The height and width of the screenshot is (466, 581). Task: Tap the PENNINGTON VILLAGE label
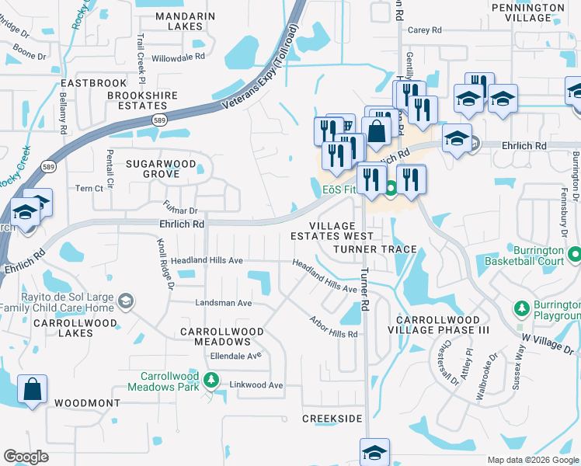(538, 12)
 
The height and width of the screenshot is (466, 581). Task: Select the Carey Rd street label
(424, 30)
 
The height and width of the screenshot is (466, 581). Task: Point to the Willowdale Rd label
(179, 57)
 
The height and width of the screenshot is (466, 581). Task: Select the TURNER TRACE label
(374, 249)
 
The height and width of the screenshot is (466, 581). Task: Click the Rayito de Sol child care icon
(127, 300)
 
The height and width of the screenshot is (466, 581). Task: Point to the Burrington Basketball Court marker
(574, 254)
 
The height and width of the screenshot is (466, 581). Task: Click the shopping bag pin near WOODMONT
(33, 389)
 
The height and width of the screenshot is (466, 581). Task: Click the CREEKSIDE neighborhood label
(332, 419)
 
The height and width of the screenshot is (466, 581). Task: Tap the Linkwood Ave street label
(256, 385)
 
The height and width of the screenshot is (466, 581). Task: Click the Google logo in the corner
(26, 457)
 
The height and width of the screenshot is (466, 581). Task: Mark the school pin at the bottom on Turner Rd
(374, 451)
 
